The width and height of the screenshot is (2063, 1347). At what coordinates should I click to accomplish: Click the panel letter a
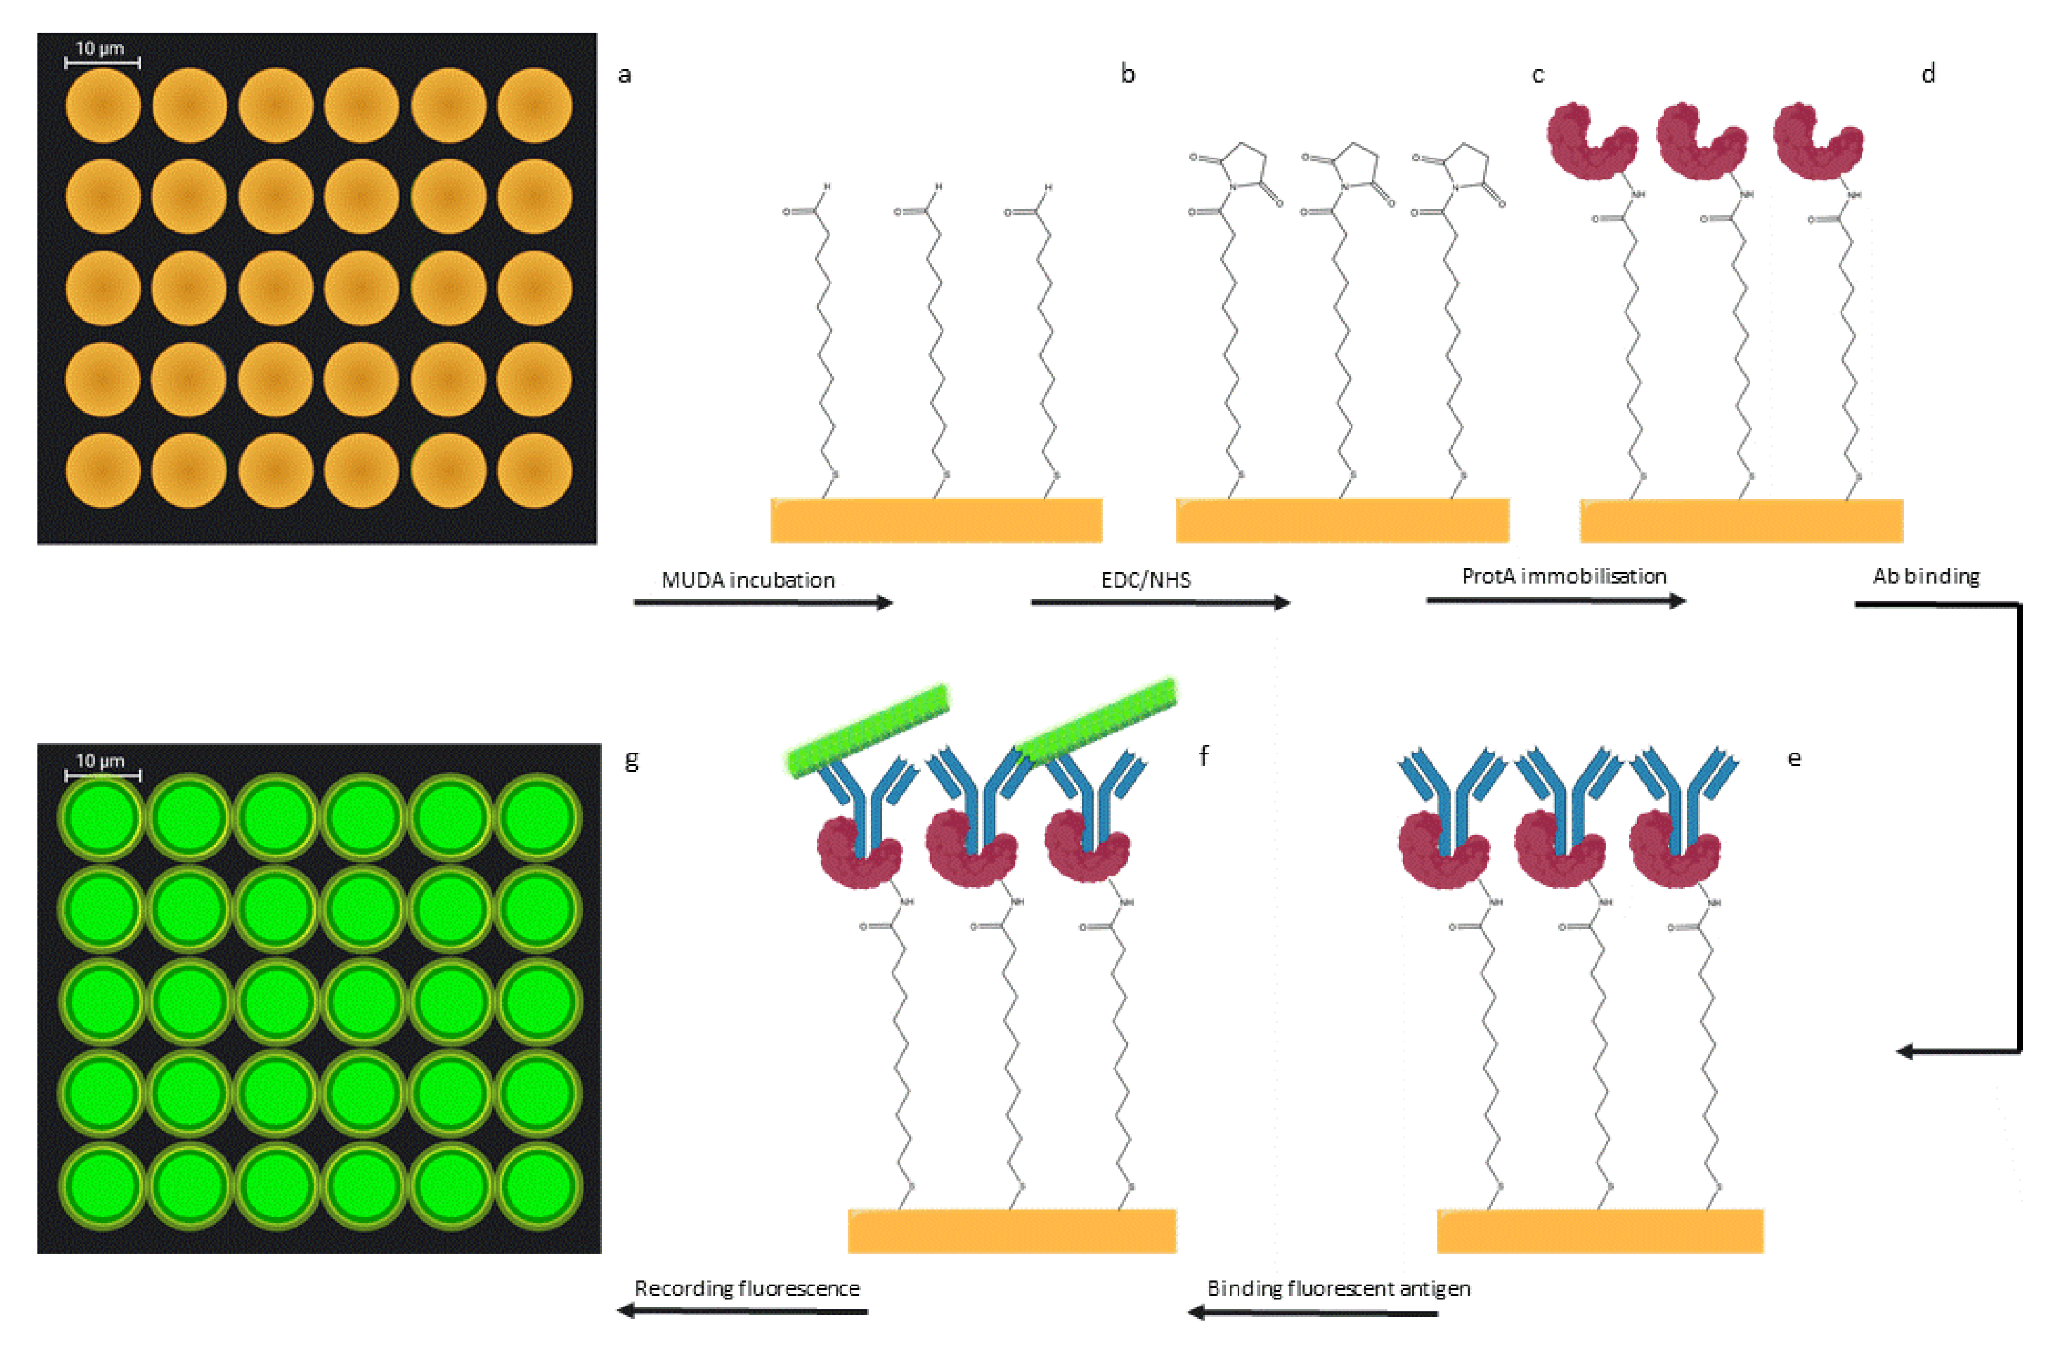click(x=624, y=75)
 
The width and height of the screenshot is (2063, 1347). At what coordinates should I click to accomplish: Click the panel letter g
click(x=632, y=760)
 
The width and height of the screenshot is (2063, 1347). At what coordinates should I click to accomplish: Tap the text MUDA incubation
click(x=748, y=580)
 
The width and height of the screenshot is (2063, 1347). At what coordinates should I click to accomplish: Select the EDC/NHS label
click(x=1146, y=580)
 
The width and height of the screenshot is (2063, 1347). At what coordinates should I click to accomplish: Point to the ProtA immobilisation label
click(x=1564, y=576)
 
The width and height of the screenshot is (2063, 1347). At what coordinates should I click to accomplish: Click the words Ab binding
click(x=1926, y=576)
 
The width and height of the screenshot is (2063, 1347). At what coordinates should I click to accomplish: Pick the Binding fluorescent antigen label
click(x=1338, y=1288)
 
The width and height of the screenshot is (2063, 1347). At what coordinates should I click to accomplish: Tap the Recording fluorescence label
click(x=747, y=1288)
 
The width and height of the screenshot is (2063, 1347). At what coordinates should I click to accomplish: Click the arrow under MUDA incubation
click(x=763, y=602)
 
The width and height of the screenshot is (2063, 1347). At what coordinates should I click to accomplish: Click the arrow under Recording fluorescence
click(x=742, y=1311)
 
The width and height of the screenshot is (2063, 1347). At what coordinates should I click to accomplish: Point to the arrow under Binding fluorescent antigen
click(x=1312, y=1312)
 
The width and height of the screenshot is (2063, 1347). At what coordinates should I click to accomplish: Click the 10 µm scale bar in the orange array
click(x=103, y=62)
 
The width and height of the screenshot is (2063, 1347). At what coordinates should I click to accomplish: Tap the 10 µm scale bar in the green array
click(x=103, y=775)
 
